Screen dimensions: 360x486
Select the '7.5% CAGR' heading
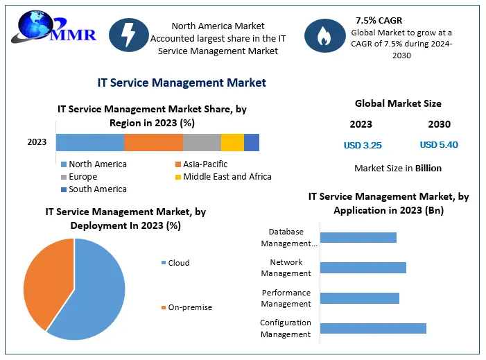point(379,20)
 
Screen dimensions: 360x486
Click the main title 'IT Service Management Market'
point(182,83)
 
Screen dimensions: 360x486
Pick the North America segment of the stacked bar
point(90,142)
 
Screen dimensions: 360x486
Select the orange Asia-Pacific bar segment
point(153,142)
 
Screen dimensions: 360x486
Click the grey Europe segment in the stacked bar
point(202,142)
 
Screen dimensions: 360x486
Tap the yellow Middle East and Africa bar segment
point(232,142)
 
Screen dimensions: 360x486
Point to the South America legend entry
point(94,189)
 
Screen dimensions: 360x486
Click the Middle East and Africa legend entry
point(222,177)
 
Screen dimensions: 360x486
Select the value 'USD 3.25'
point(363,146)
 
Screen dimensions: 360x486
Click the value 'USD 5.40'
point(439,145)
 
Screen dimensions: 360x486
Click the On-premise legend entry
point(186,307)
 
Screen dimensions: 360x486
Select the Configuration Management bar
point(373,328)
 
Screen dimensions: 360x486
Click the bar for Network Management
point(363,268)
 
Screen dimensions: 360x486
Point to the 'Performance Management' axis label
point(286,298)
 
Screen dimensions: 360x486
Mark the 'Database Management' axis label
point(288,237)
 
